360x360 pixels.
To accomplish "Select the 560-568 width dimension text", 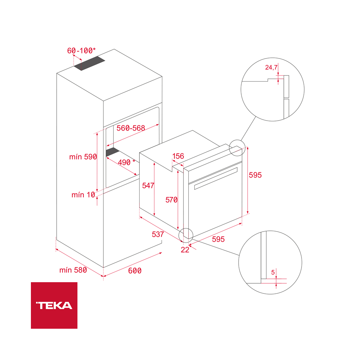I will pyautogui.click(x=131, y=128).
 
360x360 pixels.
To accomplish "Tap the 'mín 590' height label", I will pyautogui.click(x=83, y=157).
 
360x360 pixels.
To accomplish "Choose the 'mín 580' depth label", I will pyautogui.click(x=73, y=270).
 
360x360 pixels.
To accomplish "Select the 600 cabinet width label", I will pyautogui.click(x=135, y=271).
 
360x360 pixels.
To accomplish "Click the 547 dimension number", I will pyautogui.click(x=148, y=185).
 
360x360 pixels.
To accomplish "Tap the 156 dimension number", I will pyautogui.click(x=178, y=156).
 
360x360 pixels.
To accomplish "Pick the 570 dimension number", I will pyautogui.click(x=171, y=200).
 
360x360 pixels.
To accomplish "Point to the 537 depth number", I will pyautogui.click(x=158, y=234).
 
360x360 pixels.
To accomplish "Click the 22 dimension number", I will pyautogui.click(x=185, y=250).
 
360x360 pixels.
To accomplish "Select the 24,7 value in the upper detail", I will pyautogui.click(x=271, y=67).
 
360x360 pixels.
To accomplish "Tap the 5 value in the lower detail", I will pyautogui.click(x=273, y=273).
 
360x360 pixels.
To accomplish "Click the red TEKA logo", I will pyautogui.click(x=54, y=305).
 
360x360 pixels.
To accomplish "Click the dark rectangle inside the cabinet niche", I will pyautogui.click(x=113, y=151).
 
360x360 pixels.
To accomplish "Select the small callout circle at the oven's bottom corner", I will pyautogui.click(x=186, y=235).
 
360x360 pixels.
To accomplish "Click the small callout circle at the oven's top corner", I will pyautogui.click(x=236, y=148).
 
